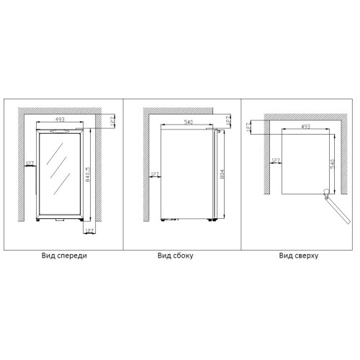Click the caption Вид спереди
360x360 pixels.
point(64,256)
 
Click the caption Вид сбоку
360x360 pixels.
point(176,256)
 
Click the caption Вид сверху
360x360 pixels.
point(299,256)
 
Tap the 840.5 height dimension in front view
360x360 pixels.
point(88,174)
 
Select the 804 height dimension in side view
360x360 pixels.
point(222,174)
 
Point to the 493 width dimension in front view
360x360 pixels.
point(60,120)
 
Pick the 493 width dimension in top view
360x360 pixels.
point(305,126)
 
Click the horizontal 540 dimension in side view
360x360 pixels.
point(189,122)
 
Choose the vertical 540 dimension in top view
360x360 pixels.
point(333,163)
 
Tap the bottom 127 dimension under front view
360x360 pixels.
point(89,231)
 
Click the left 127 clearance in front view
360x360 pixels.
point(30,163)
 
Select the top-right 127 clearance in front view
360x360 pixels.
point(112,121)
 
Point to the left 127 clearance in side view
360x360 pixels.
point(155,174)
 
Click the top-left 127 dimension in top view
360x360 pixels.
point(248,127)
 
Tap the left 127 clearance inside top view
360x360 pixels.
point(276,161)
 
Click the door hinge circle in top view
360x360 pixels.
point(327,192)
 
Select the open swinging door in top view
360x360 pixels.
point(338,210)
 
